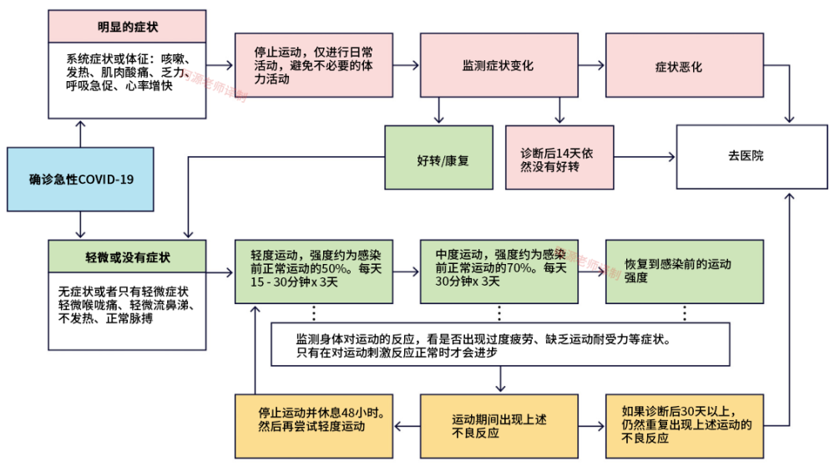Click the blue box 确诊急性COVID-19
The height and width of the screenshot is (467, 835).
[x=81, y=179]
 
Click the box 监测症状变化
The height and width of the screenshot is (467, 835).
[x=498, y=65]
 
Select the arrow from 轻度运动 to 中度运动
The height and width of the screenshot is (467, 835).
[x=406, y=272]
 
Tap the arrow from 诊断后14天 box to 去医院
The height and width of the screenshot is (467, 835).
[x=645, y=156]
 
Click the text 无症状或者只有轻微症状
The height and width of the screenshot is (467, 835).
[x=124, y=292]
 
